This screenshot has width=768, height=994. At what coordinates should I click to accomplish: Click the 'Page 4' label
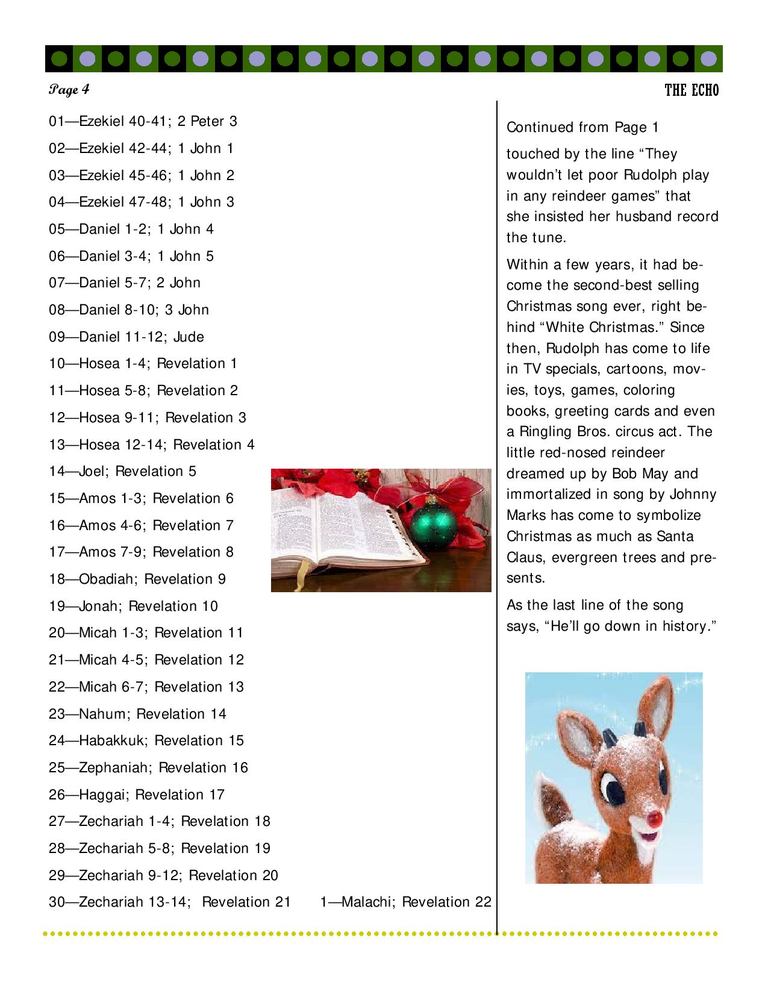coord(69,90)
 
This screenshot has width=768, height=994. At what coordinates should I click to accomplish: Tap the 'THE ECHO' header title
coord(692,90)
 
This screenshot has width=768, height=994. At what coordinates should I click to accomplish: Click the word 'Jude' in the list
coord(189,337)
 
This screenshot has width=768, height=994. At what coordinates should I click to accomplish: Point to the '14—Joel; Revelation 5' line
coord(123,472)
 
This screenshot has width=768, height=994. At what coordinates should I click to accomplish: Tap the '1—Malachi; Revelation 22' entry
coord(405,902)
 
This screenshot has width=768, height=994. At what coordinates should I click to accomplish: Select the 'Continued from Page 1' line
coord(582,128)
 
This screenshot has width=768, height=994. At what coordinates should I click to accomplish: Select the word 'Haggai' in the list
coord(102,795)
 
